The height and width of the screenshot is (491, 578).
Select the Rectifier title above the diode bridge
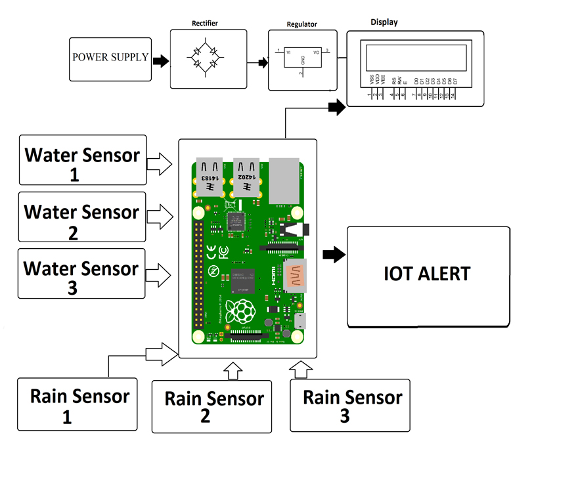point(205,24)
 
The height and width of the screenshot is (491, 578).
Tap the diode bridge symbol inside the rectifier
point(205,60)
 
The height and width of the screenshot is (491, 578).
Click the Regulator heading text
point(302,25)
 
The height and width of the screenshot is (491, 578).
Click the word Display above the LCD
point(384,22)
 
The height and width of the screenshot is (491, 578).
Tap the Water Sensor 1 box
point(82,161)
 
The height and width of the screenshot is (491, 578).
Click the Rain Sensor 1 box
point(78,404)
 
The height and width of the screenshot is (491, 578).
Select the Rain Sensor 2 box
point(211,406)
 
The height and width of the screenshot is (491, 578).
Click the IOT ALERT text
point(427,274)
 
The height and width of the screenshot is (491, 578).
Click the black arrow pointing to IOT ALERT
point(334,255)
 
